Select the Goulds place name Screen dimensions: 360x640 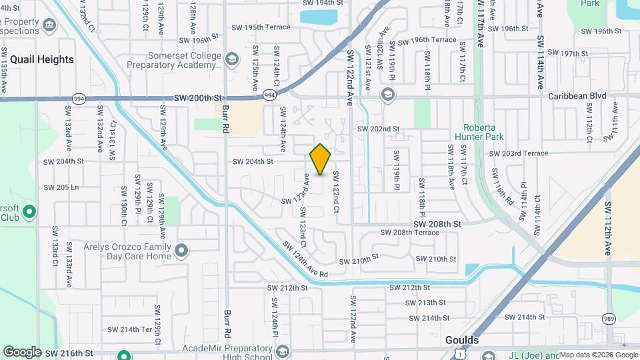pyautogui.click(x=461, y=340)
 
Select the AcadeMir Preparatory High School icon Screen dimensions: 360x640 pyautogui.click(x=282, y=352)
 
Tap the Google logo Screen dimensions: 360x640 pyautogui.click(x=21, y=351)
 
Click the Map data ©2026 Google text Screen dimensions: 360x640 pyautogui.click(x=598, y=355)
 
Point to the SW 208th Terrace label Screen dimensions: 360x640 pyautogui.click(x=410, y=233)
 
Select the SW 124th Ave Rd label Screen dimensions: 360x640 pyautogui.click(x=305, y=261)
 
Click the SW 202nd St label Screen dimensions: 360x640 pyautogui.click(x=378, y=129)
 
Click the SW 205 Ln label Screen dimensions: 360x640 pyautogui.click(x=61, y=188)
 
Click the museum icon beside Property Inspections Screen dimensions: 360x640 pyautogui.click(x=49, y=25)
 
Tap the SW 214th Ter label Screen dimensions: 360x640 pyautogui.click(x=129, y=329)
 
